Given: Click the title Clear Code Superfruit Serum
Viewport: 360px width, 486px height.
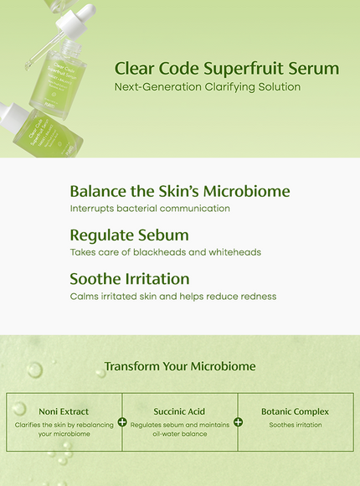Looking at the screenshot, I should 226,68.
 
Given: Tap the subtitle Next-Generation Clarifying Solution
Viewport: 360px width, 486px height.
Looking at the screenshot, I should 207,87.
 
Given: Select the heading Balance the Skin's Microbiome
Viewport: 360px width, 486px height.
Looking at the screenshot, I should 180,191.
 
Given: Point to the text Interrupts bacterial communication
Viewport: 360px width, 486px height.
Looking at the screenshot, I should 150,208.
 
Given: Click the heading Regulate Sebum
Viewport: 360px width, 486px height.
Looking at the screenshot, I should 129,235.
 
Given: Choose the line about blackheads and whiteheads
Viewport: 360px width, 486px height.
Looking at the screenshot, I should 166,251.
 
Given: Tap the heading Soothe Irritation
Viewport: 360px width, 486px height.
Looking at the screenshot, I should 130,278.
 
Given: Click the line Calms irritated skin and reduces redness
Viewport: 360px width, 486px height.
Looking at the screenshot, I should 173,296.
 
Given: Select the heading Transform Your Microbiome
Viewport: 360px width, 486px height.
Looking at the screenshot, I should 180,366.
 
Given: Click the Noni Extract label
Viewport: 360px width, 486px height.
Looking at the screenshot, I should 64,411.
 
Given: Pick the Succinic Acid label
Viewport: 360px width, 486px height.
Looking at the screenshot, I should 179,411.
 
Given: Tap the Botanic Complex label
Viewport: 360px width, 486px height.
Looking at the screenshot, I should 295,411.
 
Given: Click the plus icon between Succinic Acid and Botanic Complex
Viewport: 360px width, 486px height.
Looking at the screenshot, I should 238,421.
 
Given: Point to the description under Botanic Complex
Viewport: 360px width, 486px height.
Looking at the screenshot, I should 295,425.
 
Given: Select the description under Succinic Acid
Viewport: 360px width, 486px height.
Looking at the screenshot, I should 179,429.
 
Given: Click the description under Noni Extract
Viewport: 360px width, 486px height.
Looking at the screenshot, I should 64,429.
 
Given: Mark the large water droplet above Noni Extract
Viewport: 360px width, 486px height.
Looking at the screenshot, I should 34,370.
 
